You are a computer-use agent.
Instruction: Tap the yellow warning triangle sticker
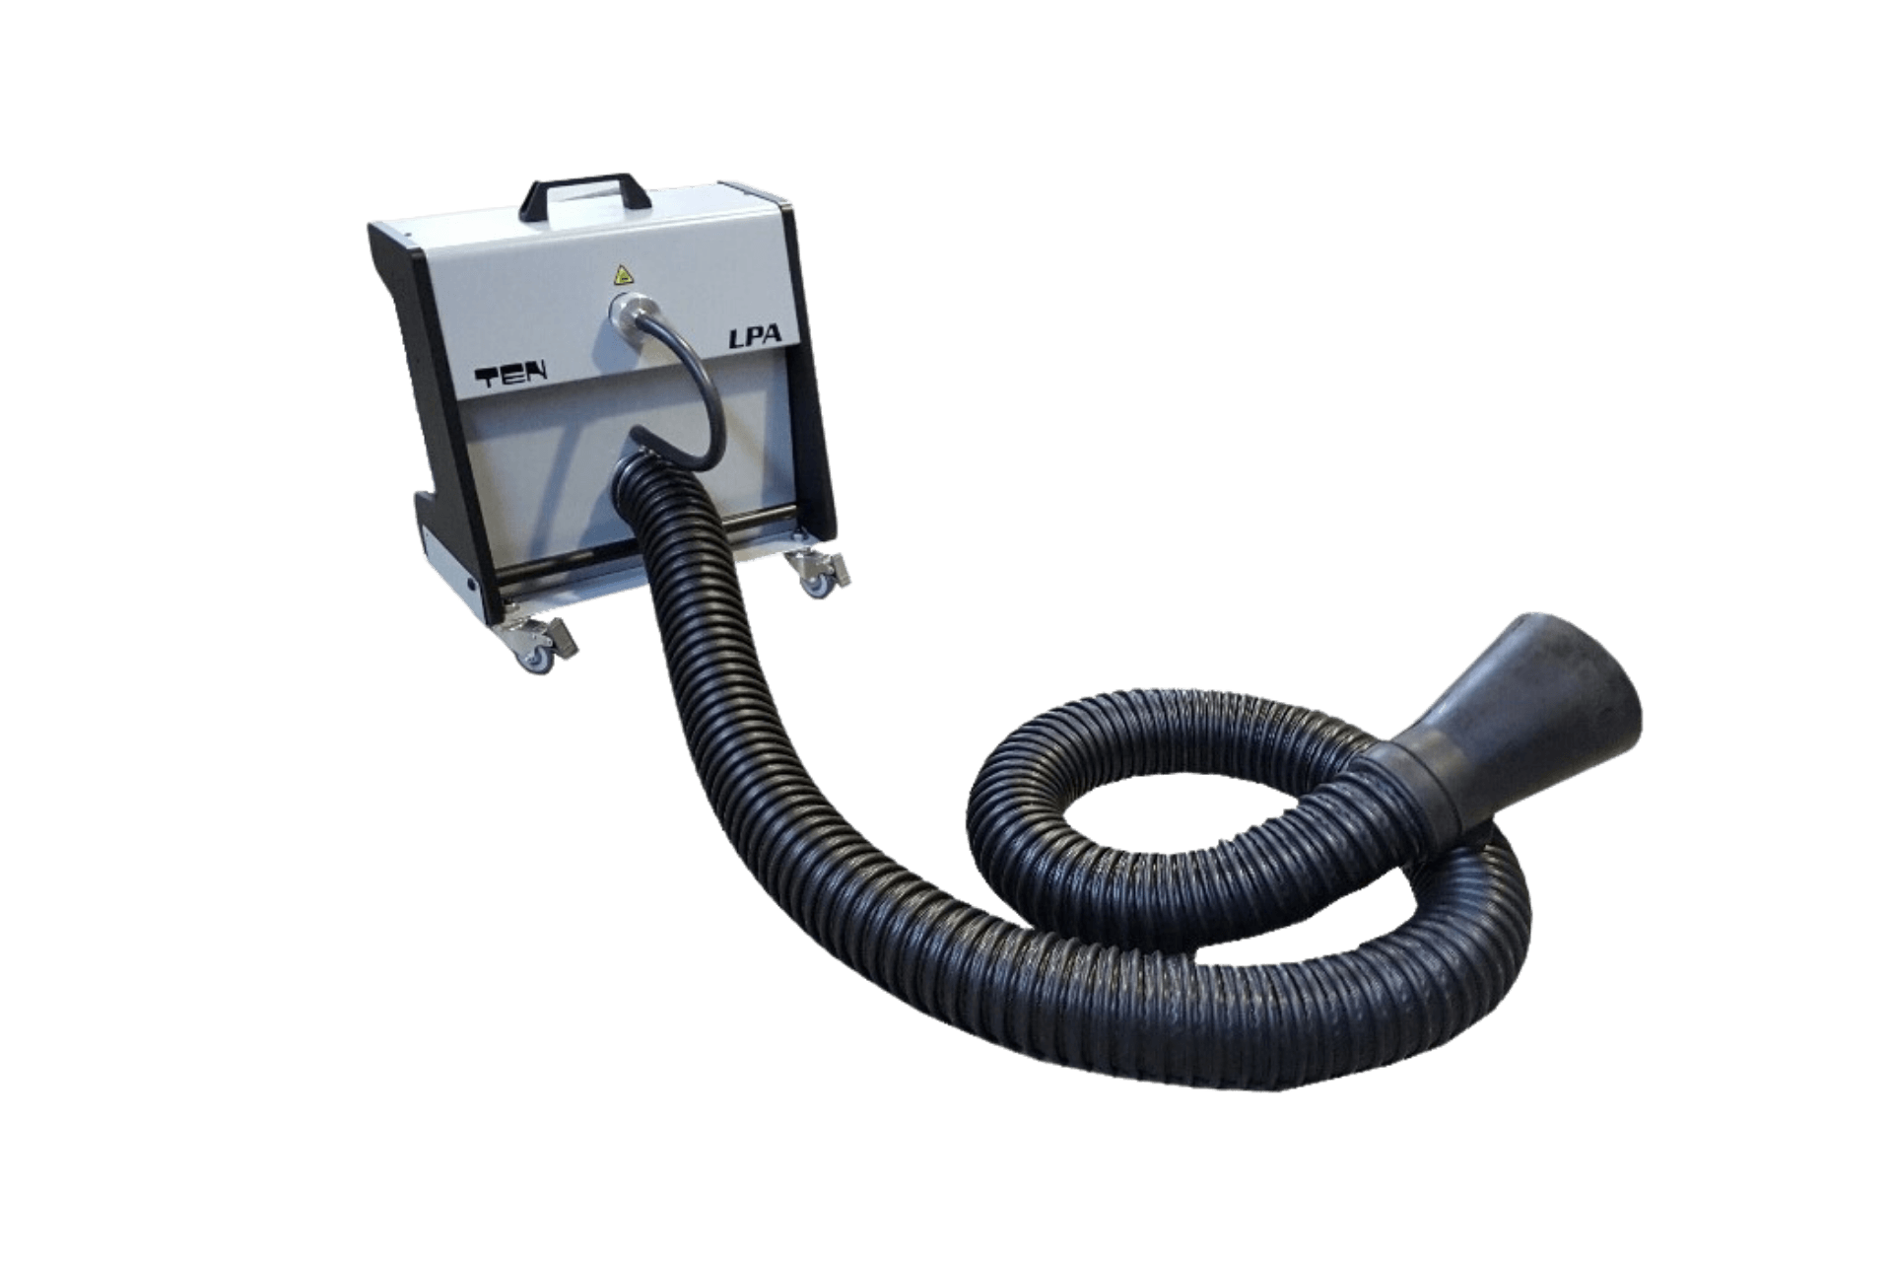pyautogui.click(x=622, y=273)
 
